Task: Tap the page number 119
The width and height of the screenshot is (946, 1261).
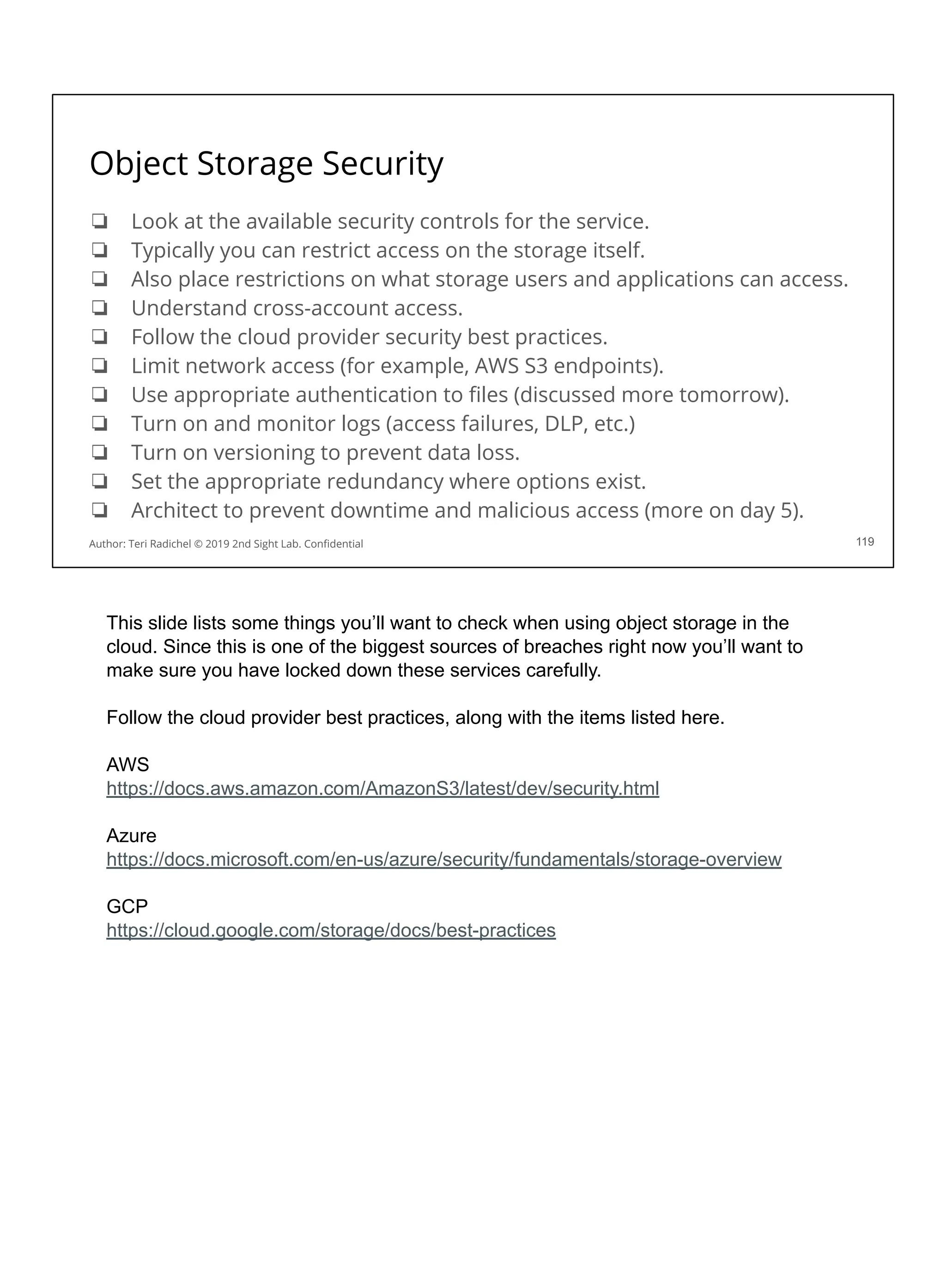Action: pos(864,542)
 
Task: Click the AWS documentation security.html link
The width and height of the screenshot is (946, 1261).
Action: pos(382,788)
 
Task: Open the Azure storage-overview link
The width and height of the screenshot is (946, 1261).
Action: pos(443,859)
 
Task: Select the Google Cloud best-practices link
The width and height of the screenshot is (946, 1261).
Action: pos(331,930)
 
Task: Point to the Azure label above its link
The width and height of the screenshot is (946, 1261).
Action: pos(131,836)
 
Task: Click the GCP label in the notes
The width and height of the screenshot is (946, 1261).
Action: pos(127,906)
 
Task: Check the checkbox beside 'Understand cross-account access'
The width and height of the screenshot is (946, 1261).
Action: pos(100,308)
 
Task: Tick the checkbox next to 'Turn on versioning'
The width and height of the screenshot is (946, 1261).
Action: pos(100,453)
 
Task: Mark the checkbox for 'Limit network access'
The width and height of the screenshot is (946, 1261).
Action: pos(100,365)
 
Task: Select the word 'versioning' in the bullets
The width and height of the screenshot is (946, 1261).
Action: pos(263,453)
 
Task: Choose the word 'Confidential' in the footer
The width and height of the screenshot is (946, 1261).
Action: pos(333,544)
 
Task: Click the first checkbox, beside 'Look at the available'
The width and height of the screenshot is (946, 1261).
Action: pos(100,221)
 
